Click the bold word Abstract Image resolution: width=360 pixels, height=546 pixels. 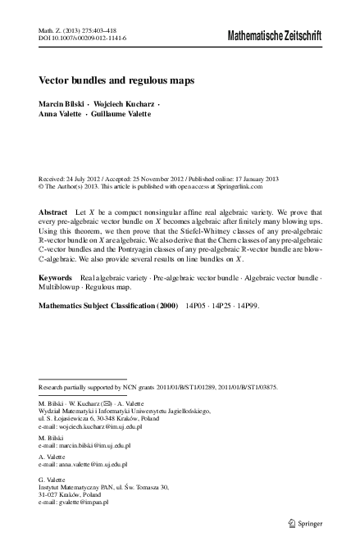pos(53,212)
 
